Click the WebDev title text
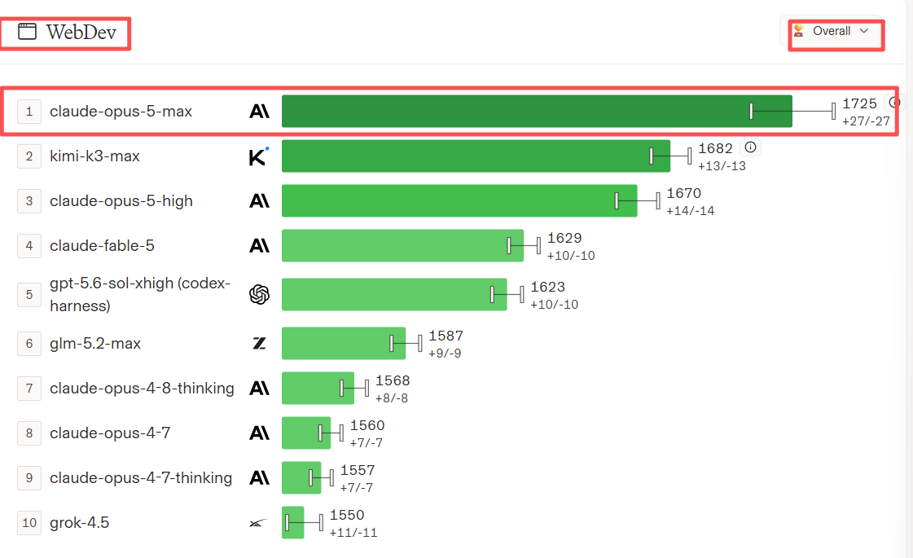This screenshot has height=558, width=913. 81,32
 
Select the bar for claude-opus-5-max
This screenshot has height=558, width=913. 537,112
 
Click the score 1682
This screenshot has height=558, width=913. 715,148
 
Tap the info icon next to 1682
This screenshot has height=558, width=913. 751,147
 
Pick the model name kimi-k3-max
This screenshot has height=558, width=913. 95,156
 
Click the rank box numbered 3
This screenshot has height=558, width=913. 29,201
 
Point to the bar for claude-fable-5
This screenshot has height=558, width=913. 402,246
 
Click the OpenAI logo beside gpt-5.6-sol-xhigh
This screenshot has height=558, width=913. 259,295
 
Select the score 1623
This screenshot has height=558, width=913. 547,288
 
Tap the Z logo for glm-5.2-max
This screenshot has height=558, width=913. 259,344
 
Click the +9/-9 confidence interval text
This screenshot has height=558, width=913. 445,354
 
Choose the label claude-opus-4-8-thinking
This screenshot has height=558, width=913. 142,389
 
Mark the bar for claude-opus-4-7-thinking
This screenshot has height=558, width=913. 301,477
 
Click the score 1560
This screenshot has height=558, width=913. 367,426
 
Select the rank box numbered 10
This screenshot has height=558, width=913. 29,522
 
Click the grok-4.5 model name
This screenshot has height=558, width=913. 79,522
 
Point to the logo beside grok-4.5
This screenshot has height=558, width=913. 259,523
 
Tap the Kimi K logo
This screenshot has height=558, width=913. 258,156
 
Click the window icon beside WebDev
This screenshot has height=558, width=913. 27,32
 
